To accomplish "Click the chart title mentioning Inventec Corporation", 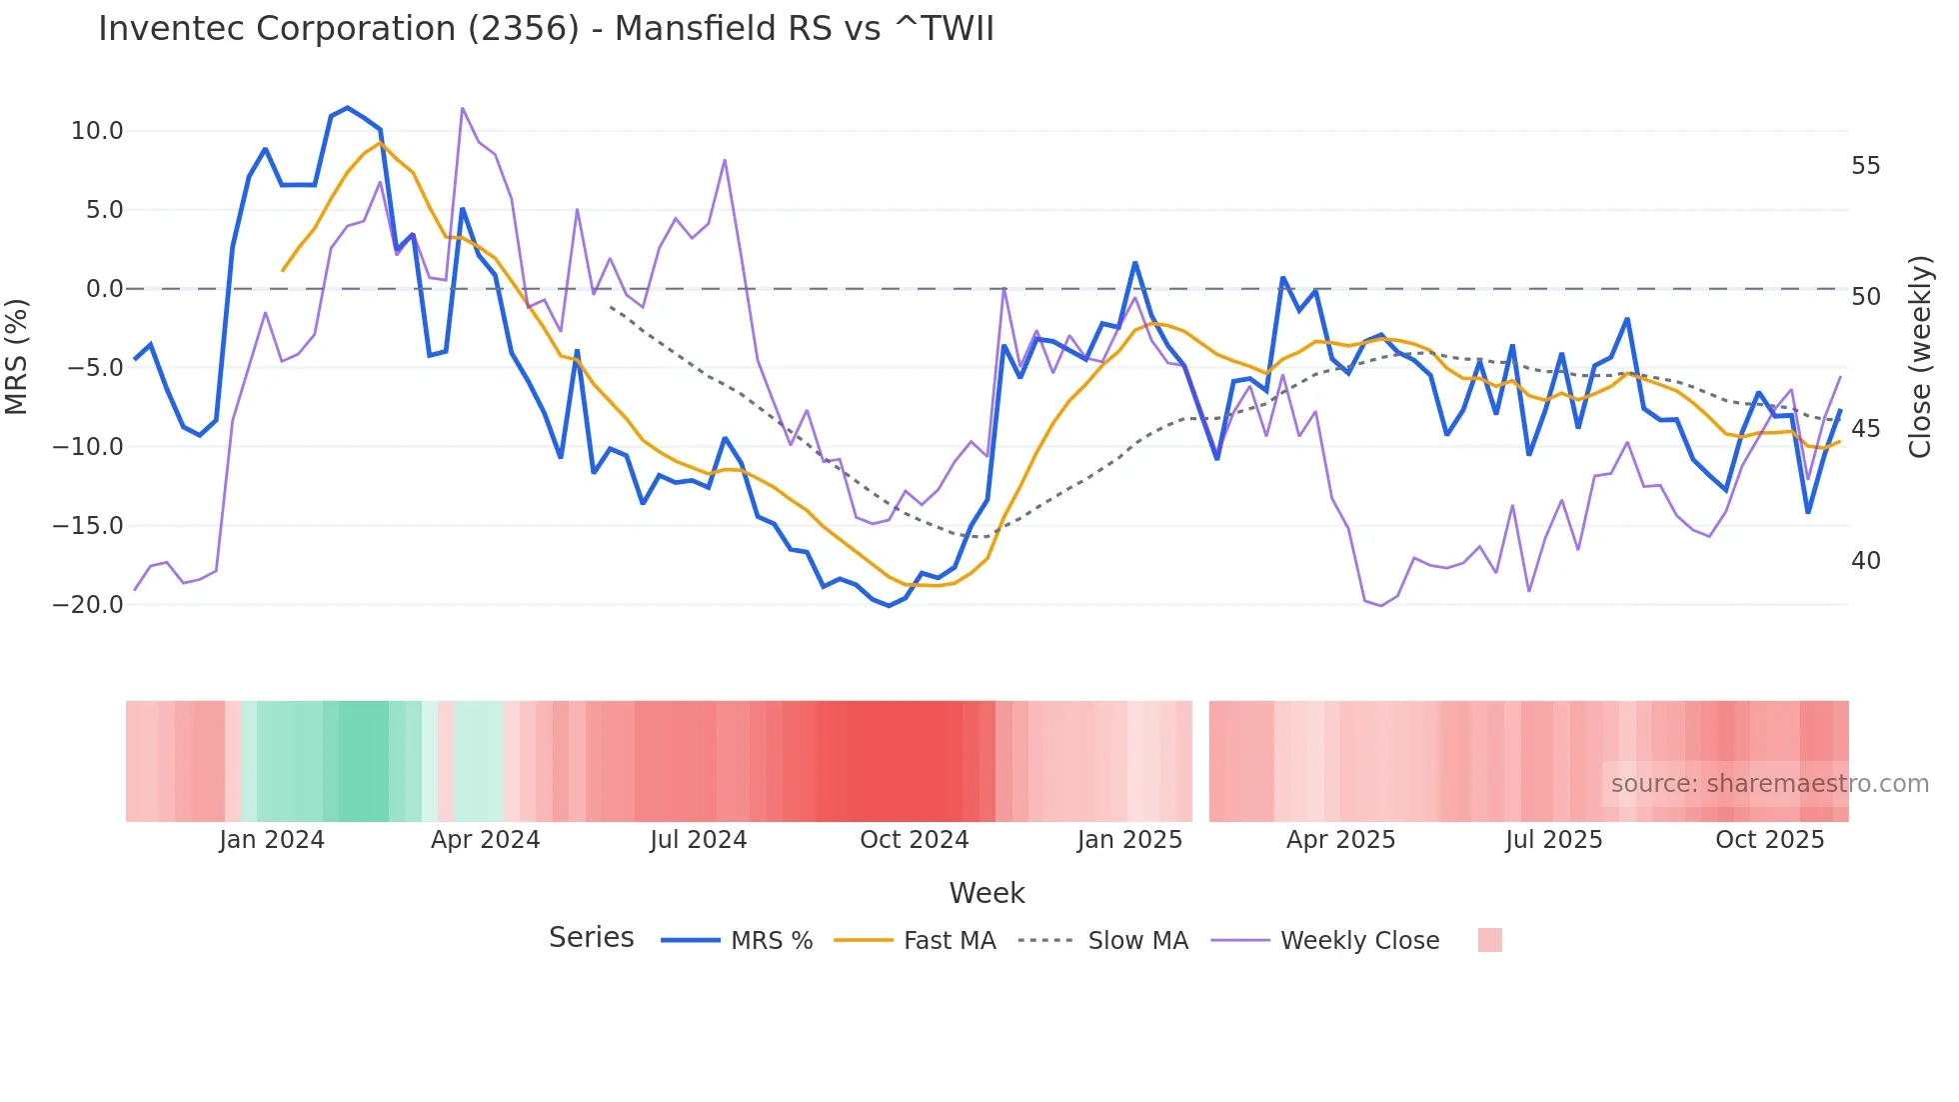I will (x=546, y=29).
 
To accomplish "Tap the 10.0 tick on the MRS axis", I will (x=97, y=131).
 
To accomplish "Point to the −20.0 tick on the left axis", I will (x=88, y=605).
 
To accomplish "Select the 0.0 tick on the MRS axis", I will (x=104, y=289).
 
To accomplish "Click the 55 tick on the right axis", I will (x=1865, y=166).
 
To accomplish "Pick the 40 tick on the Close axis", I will (x=1865, y=561).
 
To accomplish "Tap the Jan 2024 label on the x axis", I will (x=272, y=840).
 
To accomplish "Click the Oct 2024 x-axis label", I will (x=914, y=840).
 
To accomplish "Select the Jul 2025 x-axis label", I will (x=1553, y=840).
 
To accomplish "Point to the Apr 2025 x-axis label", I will (x=1340, y=840).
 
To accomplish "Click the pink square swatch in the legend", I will (x=1489, y=940).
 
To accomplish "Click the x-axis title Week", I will (x=986, y=893).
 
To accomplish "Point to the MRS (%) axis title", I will (x=16, y=357).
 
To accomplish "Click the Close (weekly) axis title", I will (x=1920, y=357).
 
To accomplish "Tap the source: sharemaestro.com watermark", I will (x=1769, y=784).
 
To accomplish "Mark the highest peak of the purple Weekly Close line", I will (x=462, y=108).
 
